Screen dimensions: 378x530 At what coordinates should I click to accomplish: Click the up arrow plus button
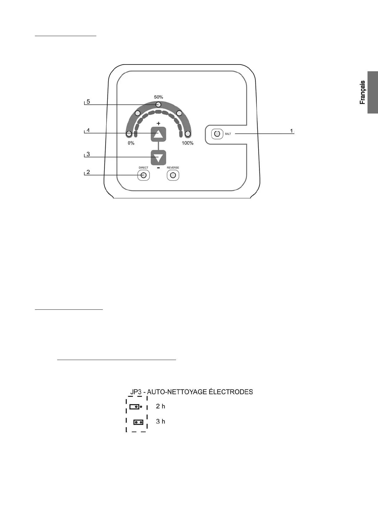158,134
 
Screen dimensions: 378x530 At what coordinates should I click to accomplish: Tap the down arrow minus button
158,158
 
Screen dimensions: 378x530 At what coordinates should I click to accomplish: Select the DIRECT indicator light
144,175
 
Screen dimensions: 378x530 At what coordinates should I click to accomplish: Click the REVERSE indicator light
173,175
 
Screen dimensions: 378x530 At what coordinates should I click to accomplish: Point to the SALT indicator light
217,134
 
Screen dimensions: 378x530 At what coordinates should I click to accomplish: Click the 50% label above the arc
158,97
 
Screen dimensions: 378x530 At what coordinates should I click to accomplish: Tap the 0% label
131,143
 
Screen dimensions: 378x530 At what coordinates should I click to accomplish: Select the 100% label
187,143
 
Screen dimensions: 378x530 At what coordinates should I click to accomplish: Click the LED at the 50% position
158,105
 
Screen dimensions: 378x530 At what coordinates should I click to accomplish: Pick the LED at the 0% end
129,134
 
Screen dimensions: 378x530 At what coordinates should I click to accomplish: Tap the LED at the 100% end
187,134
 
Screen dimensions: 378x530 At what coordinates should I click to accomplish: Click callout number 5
88,101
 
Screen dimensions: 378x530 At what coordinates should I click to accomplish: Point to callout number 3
88,154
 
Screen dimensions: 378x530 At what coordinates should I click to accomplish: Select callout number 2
88,172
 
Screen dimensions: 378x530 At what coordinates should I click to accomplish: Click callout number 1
292,131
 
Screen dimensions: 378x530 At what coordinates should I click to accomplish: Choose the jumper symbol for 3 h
138,422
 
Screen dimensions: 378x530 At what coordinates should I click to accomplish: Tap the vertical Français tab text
363,93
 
